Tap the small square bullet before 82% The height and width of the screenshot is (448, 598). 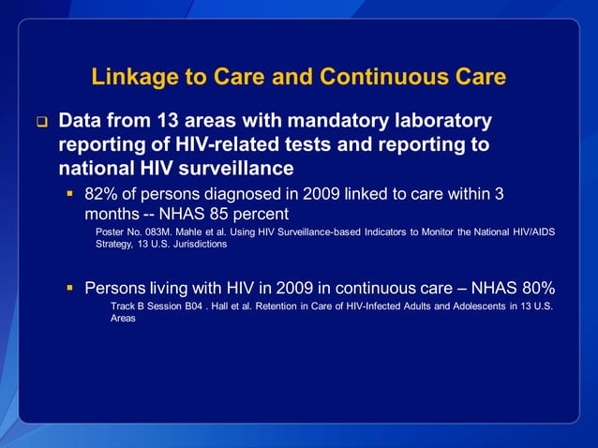click(70, 195)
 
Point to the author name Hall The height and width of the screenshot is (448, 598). click(224, 306)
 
